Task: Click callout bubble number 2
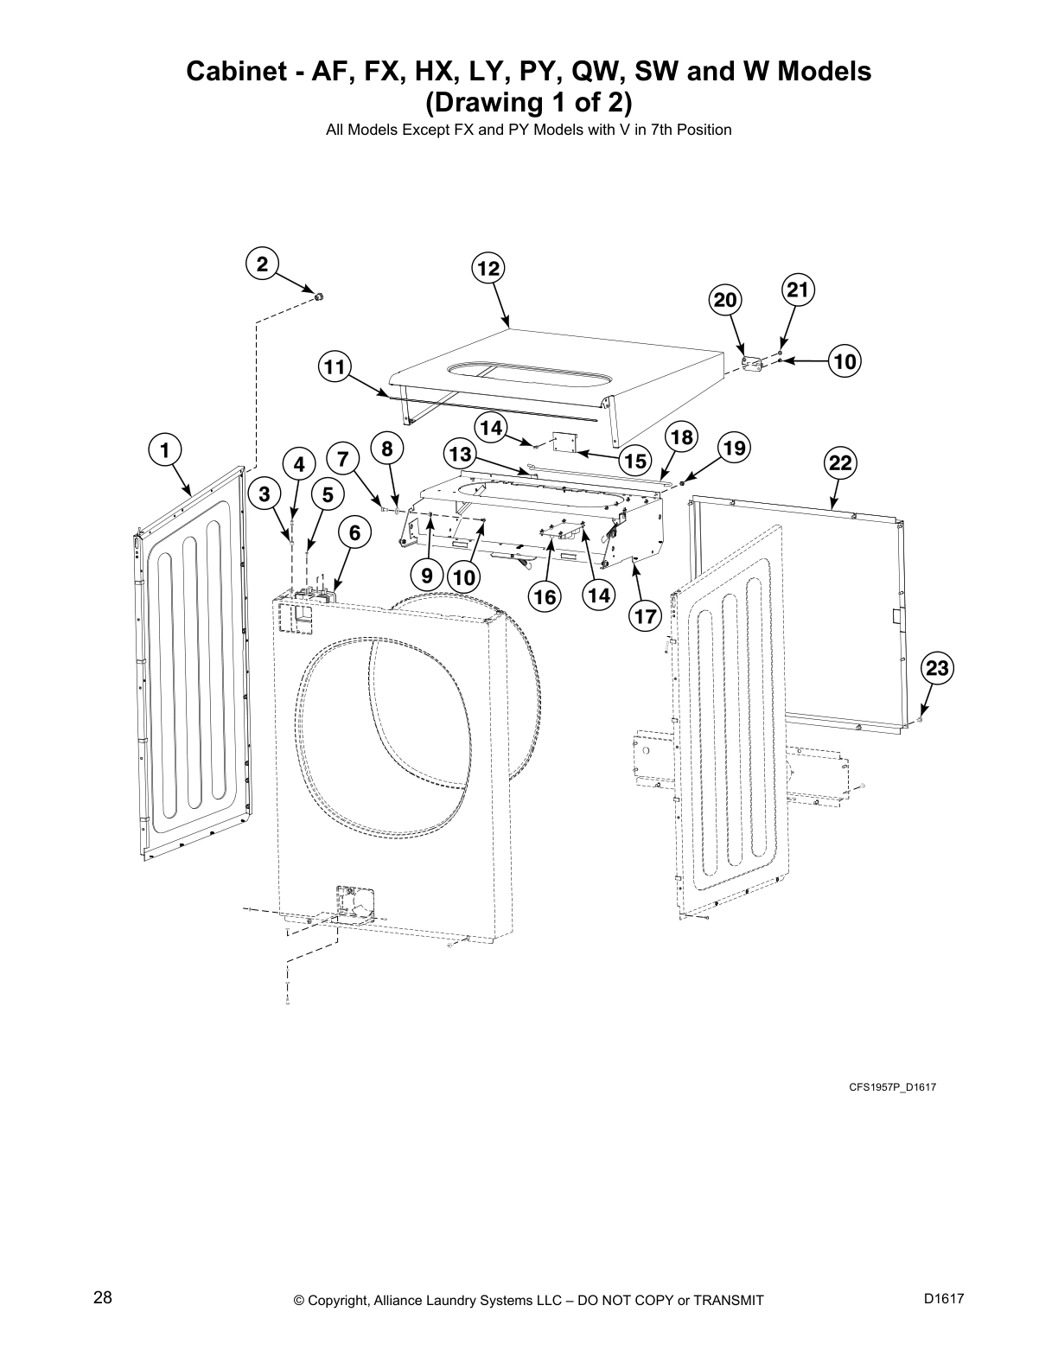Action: tap(262, 263)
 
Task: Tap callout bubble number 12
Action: tap(488, 269)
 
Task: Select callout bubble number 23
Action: tap(938, 667)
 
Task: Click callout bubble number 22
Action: tap(840, 462)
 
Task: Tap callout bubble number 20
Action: tap(725, 300)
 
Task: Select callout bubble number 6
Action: tap(354, 533)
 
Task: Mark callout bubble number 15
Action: tap(635, 461)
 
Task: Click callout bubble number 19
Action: tap(734, 448)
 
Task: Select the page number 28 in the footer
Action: tap(102, 1297)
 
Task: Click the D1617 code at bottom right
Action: tap(943, 1298)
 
